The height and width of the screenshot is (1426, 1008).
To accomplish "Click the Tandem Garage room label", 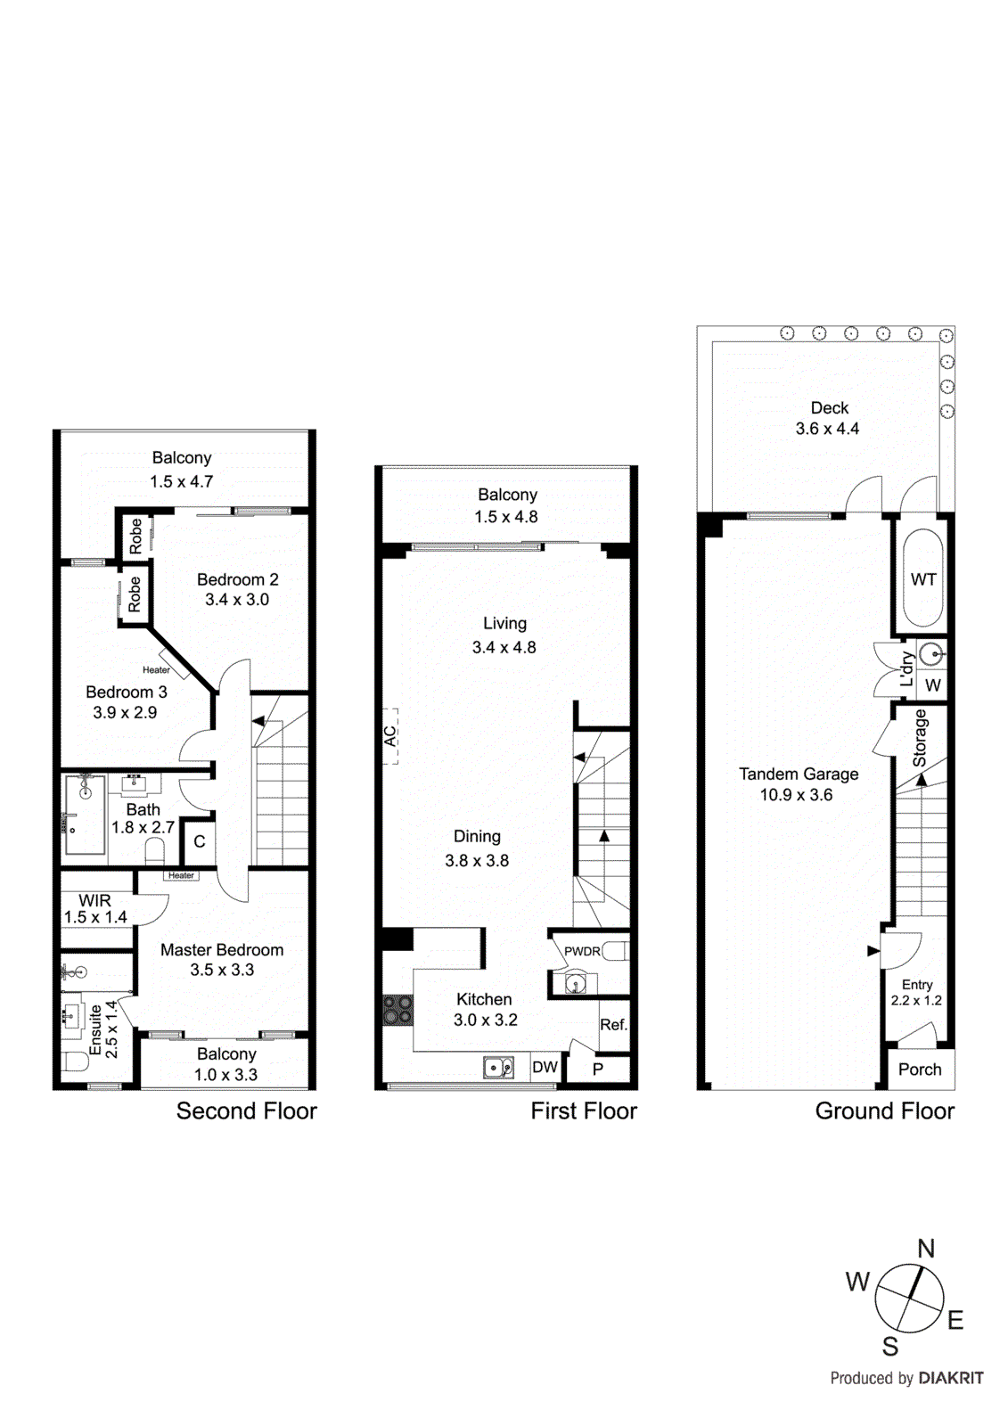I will (x=799, y=774).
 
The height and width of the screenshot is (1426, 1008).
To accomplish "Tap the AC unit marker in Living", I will (x=390, y=736).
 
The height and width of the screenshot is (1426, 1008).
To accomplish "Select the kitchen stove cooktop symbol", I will (x=397, y=1010).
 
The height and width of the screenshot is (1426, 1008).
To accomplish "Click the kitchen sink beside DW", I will (x=498, y=1067).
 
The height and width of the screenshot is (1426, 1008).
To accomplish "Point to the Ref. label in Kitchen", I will (x=613, y=1025).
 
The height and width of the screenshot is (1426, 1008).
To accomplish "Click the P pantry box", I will (x=598, y=1069).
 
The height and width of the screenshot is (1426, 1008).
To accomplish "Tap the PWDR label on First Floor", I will (x=582, y=951).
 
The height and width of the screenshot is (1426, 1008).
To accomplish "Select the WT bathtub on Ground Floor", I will (x=923, y=579).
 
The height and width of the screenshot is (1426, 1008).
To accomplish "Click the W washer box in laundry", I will (x=933, y=685).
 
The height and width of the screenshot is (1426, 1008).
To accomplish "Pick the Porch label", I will (x=920, y=1069).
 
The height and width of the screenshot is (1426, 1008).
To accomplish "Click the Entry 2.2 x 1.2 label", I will (x=916, y=992).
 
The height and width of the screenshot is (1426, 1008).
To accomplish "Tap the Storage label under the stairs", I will (x=920, y=738).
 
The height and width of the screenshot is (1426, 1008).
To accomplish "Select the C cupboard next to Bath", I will (x=200, y=841).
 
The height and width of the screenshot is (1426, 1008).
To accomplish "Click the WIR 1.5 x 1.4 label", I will (x=95, y=909).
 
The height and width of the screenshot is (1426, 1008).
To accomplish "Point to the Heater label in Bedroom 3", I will (x=156, y=670).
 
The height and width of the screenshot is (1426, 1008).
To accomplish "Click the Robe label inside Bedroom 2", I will (x=135, y=537).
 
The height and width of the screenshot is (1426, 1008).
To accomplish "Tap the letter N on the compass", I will (x=926, y=1249).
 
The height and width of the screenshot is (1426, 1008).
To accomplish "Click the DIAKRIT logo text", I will (x=950, y=1378).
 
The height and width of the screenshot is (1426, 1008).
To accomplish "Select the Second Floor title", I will (x=246, y=1111).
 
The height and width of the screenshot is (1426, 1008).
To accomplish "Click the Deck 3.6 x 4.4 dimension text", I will (x=827, y=429).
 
